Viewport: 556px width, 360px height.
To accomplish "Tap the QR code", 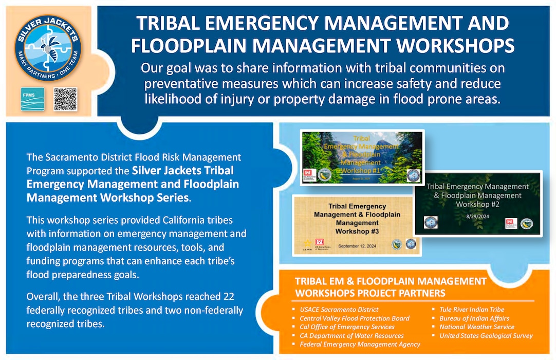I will point(65,98).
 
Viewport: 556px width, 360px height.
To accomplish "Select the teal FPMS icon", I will point(32,99).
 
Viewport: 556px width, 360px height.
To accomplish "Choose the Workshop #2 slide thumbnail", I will point(477,204).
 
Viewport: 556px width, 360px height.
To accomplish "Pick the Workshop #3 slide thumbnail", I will point(356,224).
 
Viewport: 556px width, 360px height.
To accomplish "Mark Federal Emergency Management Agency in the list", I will point(360,344).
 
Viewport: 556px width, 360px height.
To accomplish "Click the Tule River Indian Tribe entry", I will point(472,310).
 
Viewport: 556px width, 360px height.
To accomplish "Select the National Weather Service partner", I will point(476,327).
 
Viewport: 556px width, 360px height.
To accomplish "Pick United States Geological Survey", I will point(486,335).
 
